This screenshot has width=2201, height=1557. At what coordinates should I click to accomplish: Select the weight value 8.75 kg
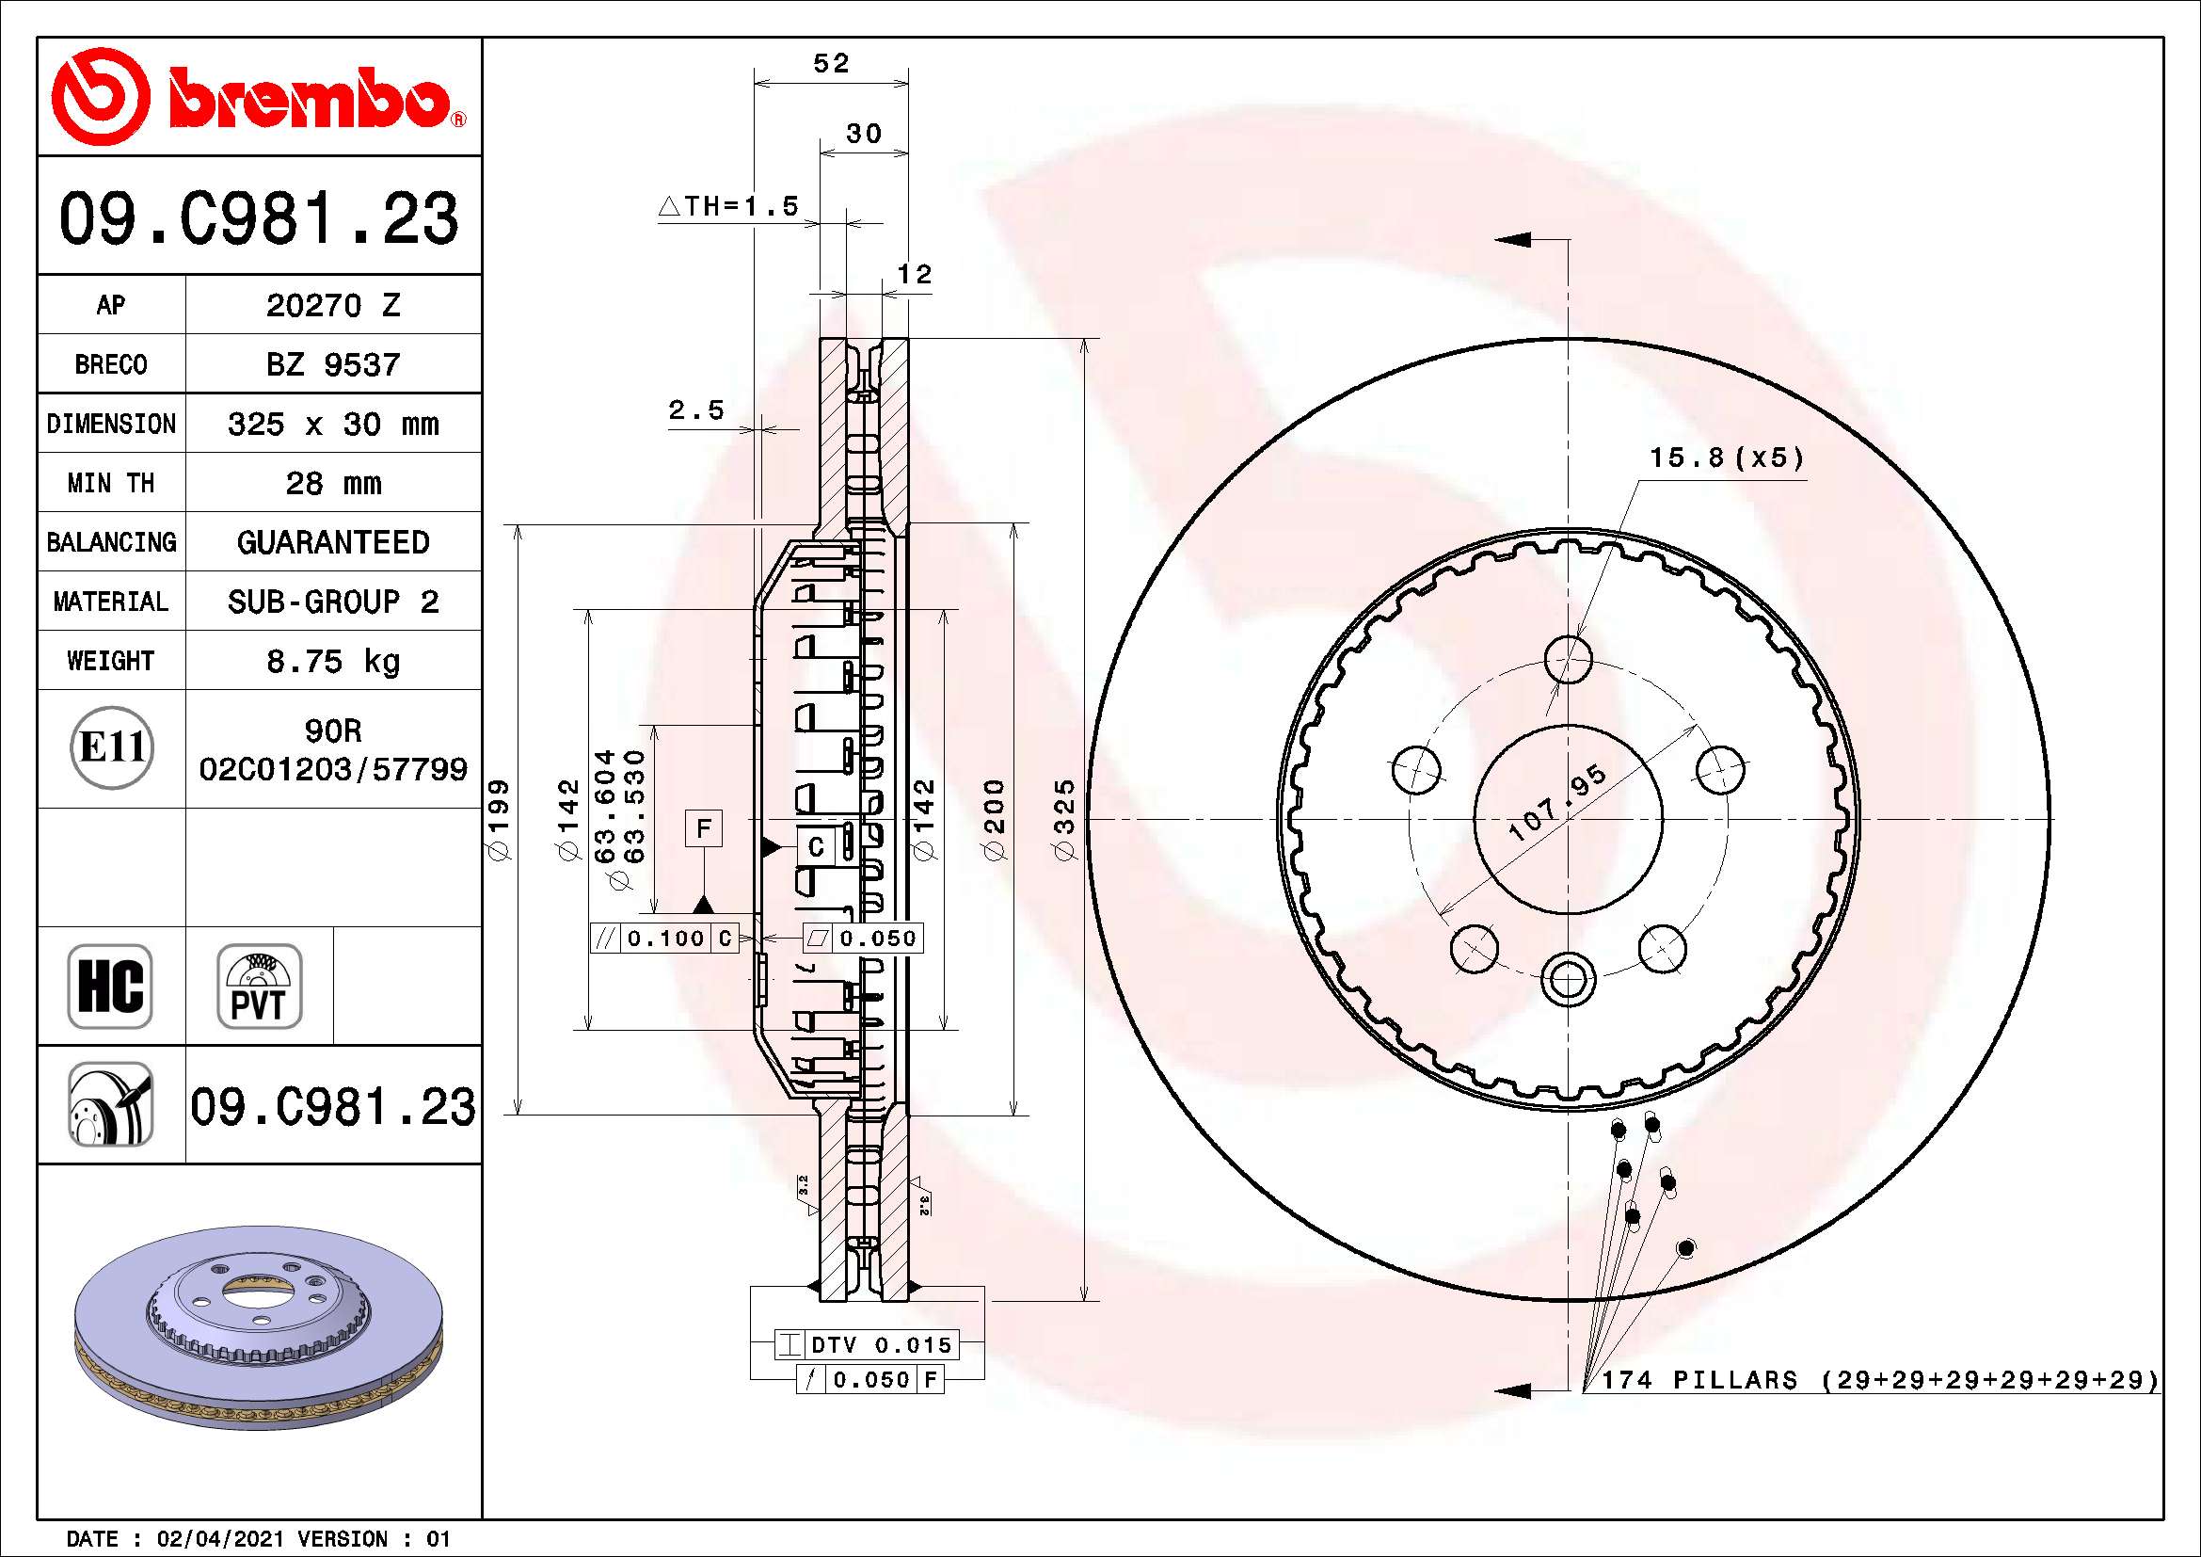click(x=332, y=662)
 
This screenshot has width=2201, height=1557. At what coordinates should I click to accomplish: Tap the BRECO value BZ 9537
click(x=332, y=365)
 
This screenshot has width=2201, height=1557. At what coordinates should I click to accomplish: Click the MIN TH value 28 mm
click(x=332, y=483)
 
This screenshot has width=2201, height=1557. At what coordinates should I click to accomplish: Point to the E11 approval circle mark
click(x=112, y=747)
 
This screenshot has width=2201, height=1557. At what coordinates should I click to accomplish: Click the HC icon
click(x=110, y=986)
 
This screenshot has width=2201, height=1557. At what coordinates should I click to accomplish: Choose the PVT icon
click(x=259, y=986)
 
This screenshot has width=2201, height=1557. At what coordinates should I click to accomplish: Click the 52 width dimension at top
click(x=831, y=63)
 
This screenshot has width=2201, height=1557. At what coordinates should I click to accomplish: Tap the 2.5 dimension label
click(x=696, y=410)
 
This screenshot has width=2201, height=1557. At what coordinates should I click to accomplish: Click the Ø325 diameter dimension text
click(x=1065, y=820)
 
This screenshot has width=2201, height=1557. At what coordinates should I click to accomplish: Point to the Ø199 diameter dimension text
click(x=500, y=820)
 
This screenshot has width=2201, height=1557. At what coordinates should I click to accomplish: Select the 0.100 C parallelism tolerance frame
click(x=663, y=939)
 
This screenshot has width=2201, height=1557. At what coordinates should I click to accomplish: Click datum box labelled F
click(x=704, y=828)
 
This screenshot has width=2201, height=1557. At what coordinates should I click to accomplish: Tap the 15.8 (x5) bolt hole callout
click(x=1726, y=458)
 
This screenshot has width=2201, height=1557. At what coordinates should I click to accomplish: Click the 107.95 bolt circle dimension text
click(x=1557, y=803)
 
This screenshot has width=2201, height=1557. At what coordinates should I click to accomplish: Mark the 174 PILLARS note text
click(x=1879, y=1380)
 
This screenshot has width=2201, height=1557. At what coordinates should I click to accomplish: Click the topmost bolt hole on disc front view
click(x=1569, y=659)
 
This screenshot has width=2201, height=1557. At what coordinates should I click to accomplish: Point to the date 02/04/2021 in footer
click(x=219, y=1539)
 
